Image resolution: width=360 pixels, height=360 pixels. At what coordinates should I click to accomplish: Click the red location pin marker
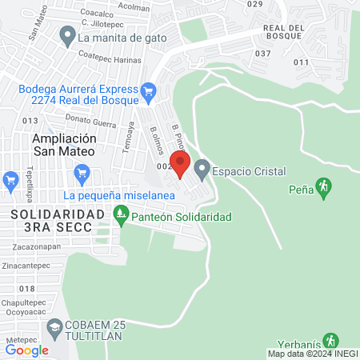[180, 165]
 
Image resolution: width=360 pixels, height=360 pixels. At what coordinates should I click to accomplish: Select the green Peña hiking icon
[323, 188]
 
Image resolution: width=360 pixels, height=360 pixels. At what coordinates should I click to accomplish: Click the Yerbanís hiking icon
[330, 341]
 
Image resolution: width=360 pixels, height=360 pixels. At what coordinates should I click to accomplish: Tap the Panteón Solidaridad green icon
[121, 215]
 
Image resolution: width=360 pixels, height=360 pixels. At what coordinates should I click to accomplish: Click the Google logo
[27, 350]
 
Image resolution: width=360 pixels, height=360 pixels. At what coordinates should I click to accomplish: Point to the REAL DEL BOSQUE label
[283, 33]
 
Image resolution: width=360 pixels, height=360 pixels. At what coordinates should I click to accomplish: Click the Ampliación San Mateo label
[63, 144]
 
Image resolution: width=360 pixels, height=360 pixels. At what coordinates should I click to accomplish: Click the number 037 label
[263, 53]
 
